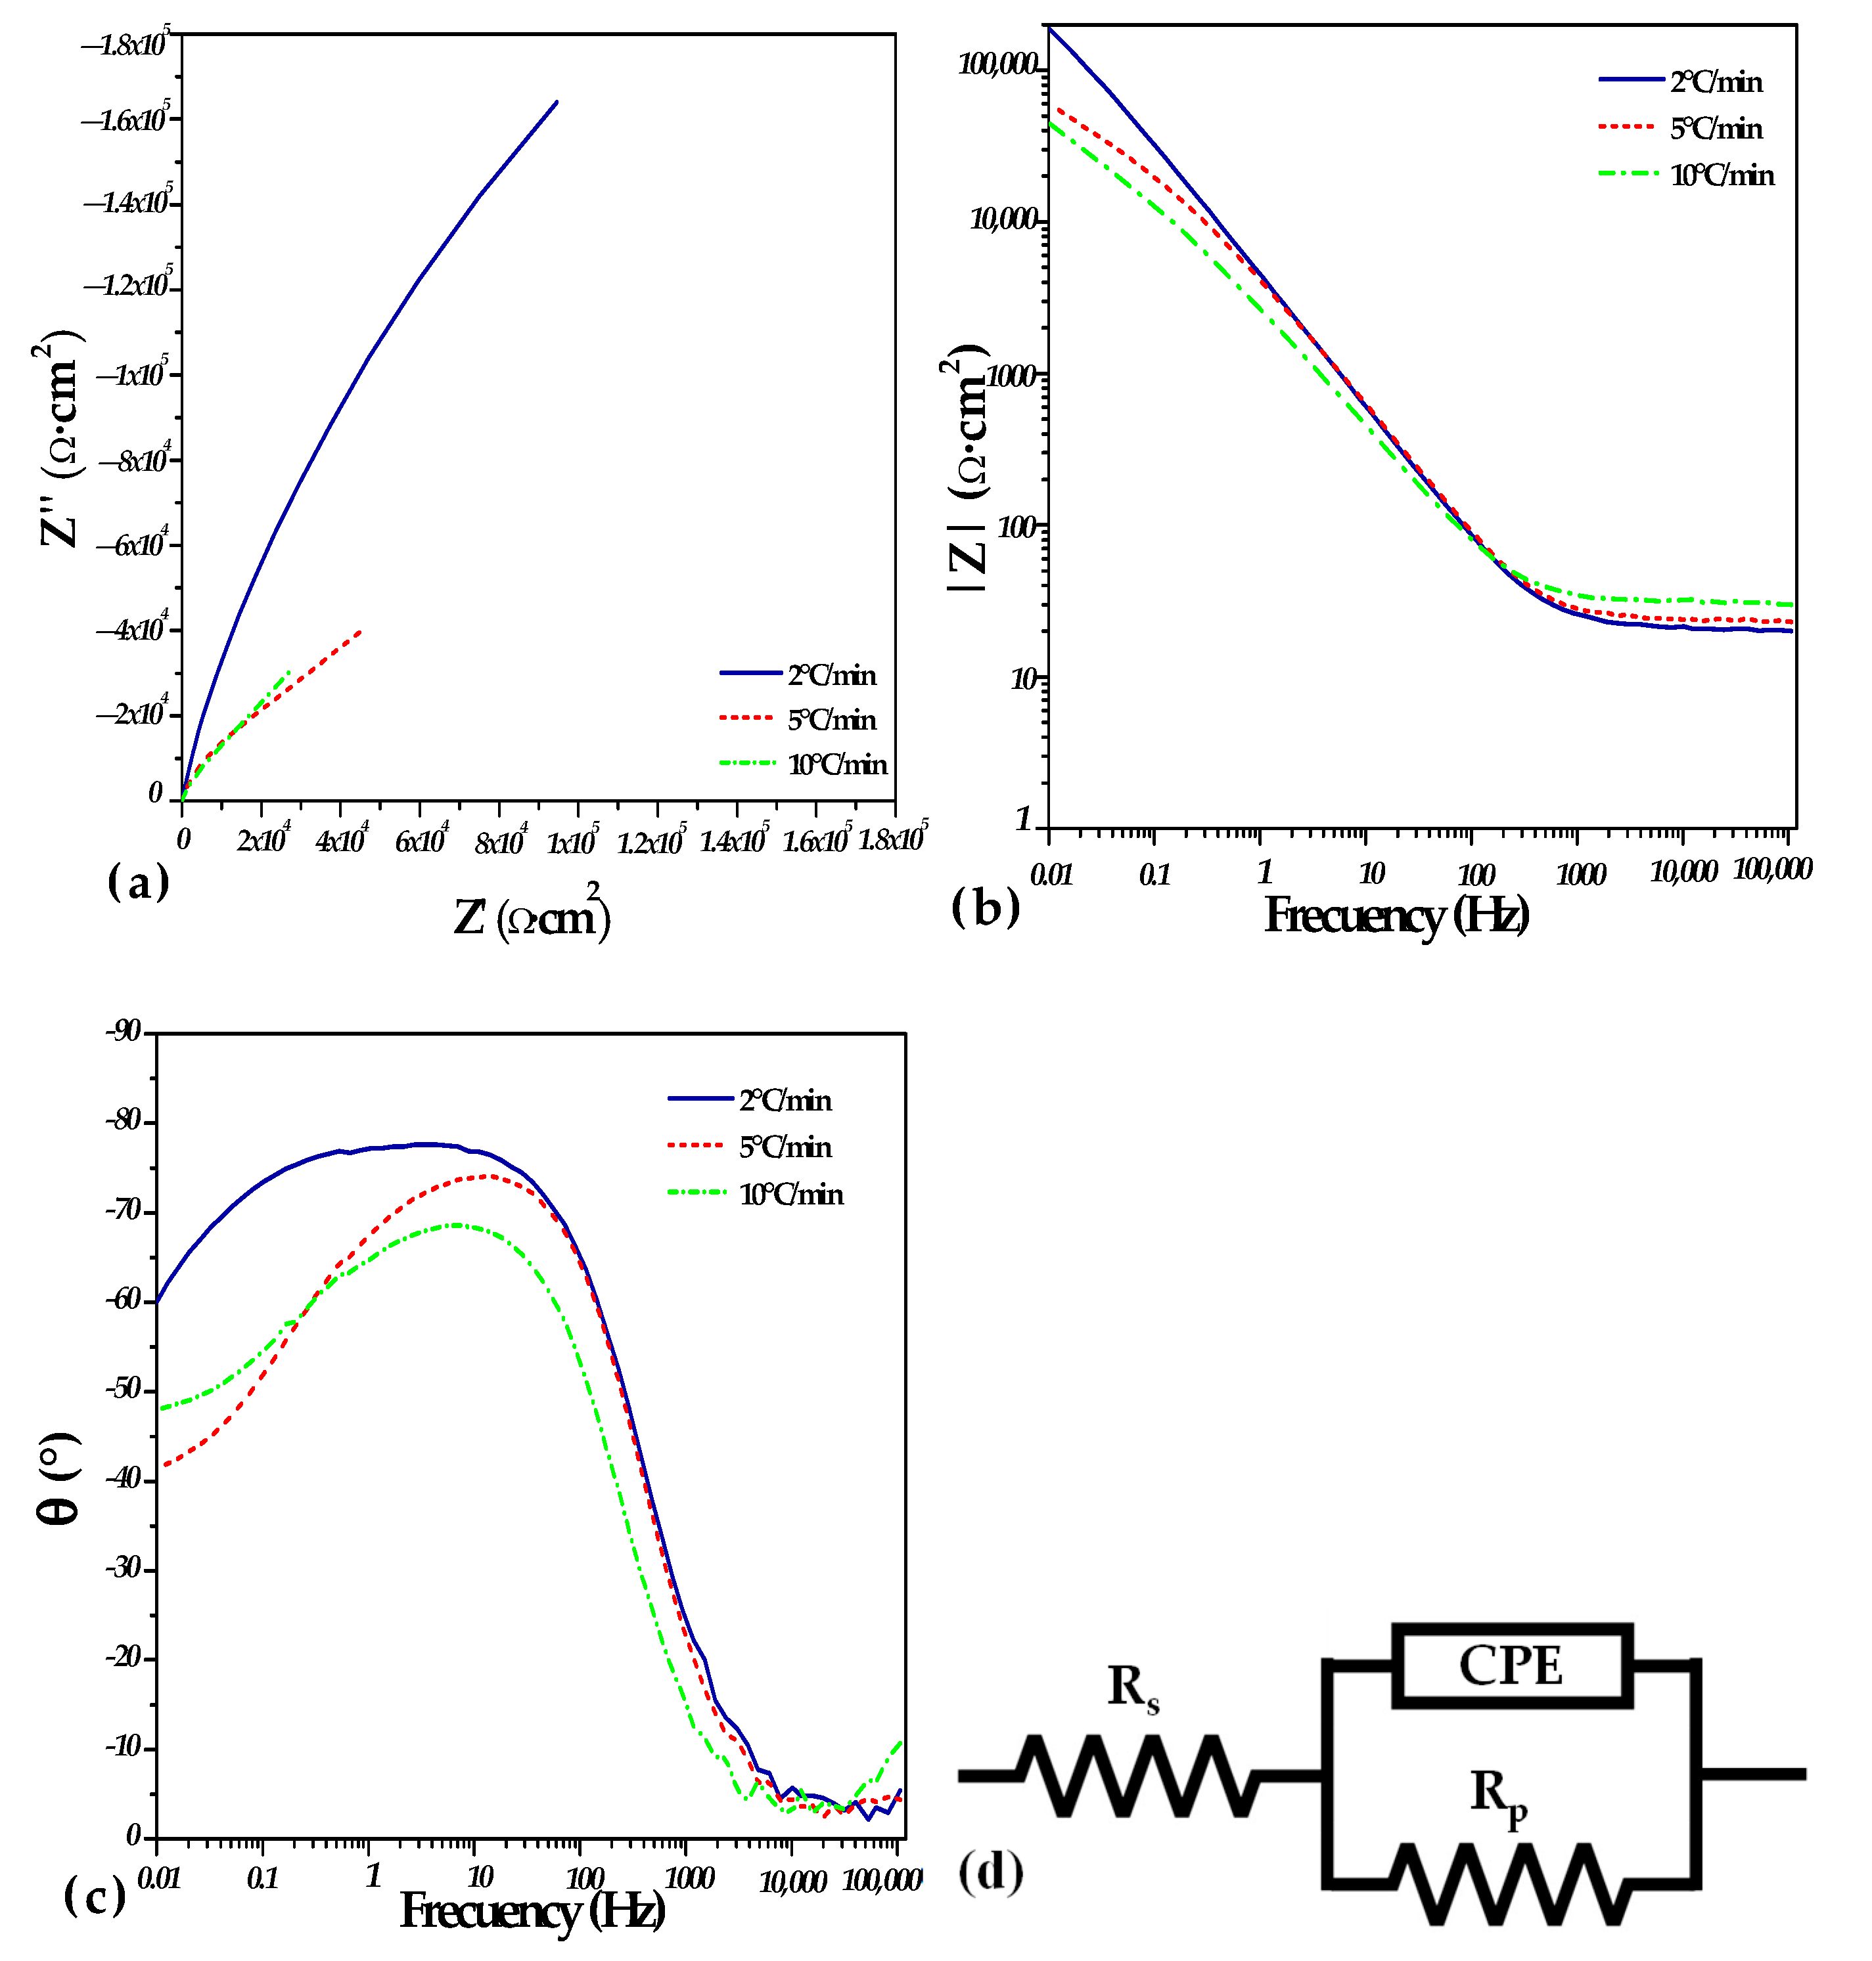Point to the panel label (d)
pyautogui.click(x=990, y=1872)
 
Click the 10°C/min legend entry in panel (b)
pyautogui.click(x=1722, y=175)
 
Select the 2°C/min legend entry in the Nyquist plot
pyautogui.click(x=831, y=675)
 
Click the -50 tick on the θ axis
pyautogui.click(x=125, y=1390)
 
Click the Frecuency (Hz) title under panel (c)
pyautogui.click(x=532, y=1911)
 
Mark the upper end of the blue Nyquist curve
pyautogui.click(x=557, y=102)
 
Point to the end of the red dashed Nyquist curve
pyautogui.click(x=360, y=630)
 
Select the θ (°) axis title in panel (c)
pyautogui.click(x=58, y=1477)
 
